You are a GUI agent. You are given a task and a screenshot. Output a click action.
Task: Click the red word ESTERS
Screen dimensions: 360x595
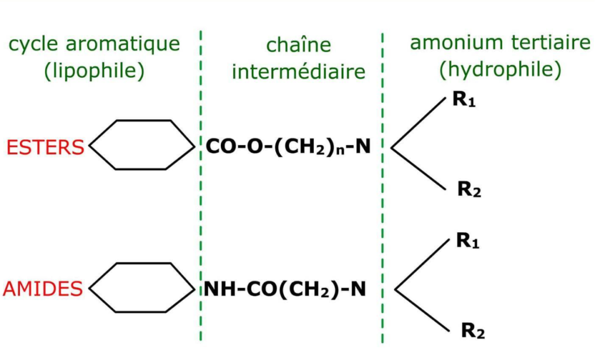(x=45, y=147)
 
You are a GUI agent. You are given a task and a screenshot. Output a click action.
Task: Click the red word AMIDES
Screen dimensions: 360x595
(x=44, y=289)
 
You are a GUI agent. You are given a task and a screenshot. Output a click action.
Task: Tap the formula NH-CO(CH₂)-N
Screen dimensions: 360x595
(x=285, y=289)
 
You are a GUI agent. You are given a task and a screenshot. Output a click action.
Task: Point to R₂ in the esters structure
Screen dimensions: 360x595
(x=469, y=189)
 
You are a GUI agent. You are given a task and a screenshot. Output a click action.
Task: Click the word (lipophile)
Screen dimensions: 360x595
(x=94, y=70)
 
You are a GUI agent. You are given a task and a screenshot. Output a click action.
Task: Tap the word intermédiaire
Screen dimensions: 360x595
(x=299, y=71)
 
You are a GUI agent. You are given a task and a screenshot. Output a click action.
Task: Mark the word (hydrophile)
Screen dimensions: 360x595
(x=500, y=70)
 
